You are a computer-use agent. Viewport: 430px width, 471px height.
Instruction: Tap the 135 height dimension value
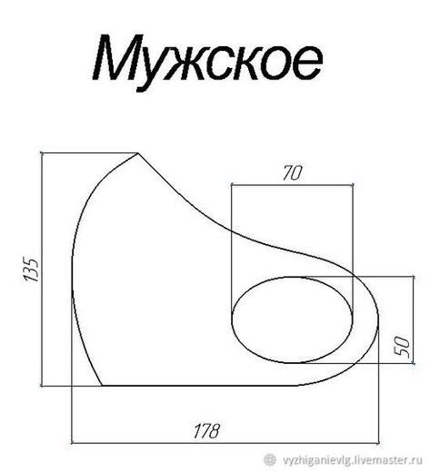coord(29,270)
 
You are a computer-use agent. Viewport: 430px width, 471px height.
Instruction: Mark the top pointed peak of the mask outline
coord(138,155)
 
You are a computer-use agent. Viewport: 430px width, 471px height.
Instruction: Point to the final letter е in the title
coord(305,62)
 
